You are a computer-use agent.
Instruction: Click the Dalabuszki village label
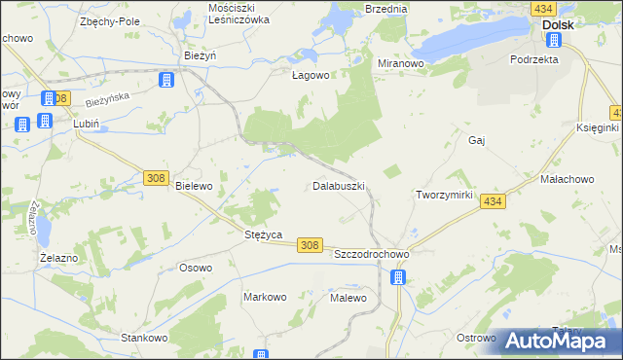(339, 185)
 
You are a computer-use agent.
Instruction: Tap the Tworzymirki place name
(444, 195)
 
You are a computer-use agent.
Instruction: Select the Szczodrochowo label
(371, 253)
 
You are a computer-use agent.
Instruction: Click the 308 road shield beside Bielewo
(156, 177)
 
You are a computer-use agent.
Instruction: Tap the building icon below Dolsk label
(554, 40)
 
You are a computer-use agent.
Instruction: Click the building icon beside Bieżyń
(166, 79)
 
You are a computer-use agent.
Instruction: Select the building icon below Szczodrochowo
(397, 277)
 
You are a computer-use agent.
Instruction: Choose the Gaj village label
(477, 140)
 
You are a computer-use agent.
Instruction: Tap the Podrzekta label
(533, 59)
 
